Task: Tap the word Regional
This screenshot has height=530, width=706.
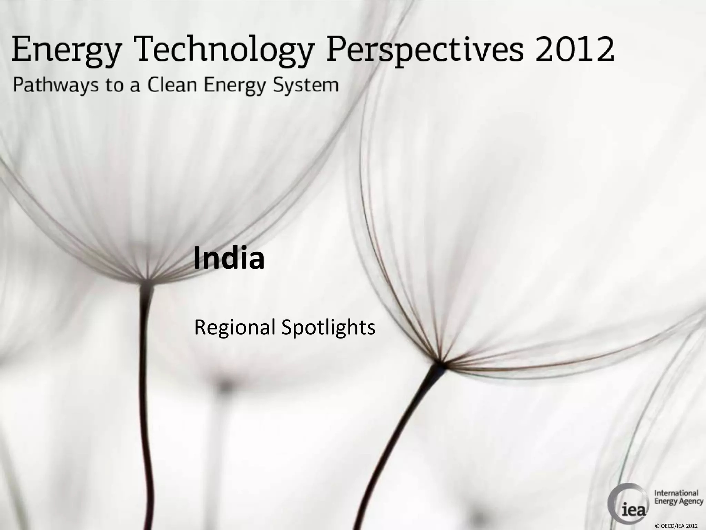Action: [235, 328]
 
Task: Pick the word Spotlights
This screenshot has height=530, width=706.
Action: [328, 328]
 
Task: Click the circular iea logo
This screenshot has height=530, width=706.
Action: [627, 501]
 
